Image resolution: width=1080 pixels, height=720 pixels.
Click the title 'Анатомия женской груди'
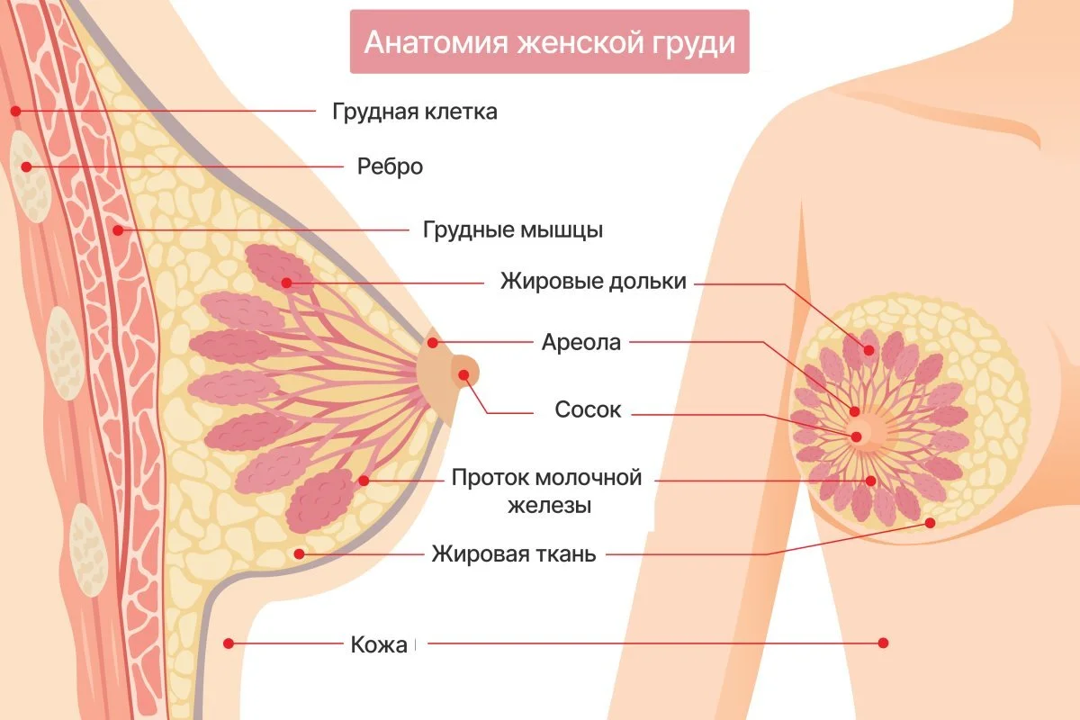(x=549, y=42)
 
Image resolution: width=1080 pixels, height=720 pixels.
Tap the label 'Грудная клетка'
(x=414, y=112)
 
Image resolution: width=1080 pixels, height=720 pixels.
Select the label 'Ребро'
(x=390, y=166)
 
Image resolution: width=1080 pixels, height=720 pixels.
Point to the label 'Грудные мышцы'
(x=513, y=229)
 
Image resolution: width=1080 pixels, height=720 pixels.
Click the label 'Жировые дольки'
(x=593, y=282)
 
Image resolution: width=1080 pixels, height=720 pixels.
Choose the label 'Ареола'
(x=581, y=343)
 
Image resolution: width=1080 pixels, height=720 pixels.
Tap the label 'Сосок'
(x=588, y=410)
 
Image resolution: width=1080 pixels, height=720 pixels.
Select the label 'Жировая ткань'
(x=513, y=553)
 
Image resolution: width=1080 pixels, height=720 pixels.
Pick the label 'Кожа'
(x=378, y=644)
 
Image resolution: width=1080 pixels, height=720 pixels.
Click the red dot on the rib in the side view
(x=27, y=166)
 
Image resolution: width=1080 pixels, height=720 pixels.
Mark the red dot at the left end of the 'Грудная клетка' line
(x=15, y=111)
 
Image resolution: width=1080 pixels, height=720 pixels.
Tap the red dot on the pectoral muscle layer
(x=118, y=230)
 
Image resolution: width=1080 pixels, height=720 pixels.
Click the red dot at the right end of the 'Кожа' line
(x=883, y=643)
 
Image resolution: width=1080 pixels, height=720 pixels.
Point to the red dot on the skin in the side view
(x=229, y=643)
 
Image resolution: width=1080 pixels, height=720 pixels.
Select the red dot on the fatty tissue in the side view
(x=299, y=553)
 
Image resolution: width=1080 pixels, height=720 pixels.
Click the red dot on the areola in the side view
(x=433, y=343)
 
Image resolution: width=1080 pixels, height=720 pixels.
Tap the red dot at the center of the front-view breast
(x=856, y=437)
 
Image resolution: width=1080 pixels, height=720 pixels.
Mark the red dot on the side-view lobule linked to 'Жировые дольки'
(x=286, y=283)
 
